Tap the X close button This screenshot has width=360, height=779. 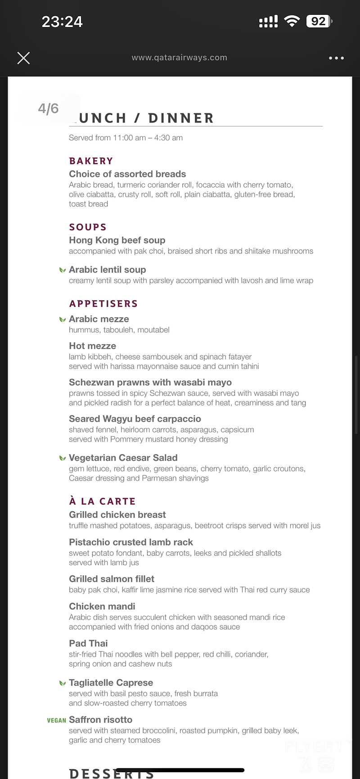23,58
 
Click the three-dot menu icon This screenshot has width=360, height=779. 336,58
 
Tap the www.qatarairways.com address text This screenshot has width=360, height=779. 179,58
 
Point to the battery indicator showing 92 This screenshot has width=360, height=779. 319,21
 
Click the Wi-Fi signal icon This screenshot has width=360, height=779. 292,21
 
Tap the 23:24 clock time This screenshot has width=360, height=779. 62,22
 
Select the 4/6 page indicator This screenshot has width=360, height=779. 49,108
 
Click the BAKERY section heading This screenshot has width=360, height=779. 91,161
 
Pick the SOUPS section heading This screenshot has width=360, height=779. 88,227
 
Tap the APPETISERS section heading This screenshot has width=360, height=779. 103,304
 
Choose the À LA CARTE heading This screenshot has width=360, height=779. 102,501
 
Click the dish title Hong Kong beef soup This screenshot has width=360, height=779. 117,240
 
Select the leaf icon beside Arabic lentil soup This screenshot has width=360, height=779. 63,270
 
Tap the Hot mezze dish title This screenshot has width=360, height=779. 92,346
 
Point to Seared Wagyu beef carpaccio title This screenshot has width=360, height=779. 135,419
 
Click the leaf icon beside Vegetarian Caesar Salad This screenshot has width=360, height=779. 63,458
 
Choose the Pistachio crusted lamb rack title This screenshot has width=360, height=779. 131,542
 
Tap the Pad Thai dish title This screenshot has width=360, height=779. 88,644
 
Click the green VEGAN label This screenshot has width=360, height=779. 56,720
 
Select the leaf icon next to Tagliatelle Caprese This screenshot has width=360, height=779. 63,683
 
